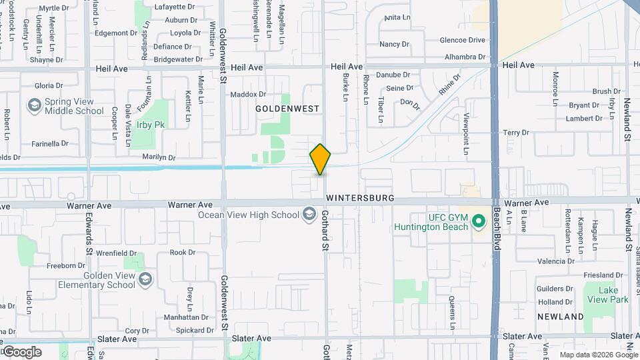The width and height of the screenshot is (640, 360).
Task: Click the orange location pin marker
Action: pyautogui.click(x=320, y=159)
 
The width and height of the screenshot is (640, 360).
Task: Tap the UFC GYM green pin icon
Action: pyautogui.click(x=478, y=221)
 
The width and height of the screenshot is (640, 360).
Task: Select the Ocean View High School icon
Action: pyautogui.click(x=309, y=214)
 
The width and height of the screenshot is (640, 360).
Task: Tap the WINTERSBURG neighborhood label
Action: pyautogui.click(x=360, y=199)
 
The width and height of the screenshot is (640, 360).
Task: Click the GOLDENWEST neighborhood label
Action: pyautogui.click(x=288, y=108)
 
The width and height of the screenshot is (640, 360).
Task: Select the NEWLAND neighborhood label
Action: pyautogui.click(x=561, y=317)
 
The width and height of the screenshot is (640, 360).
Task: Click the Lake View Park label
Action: pyautogui.click(x=613, y=295)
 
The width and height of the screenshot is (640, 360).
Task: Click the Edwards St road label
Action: pyautogui.click(x=88, y=233)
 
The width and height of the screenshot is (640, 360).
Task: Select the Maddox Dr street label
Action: pyautogui.click(x=248, y=95)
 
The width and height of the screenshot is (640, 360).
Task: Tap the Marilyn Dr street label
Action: pyautogui.click(x=159, y=158)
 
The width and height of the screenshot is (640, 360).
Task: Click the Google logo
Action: pyautogui.click(x=21, y=352)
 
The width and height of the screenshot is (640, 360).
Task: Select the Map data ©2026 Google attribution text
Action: pyautogui.click(x=598, y=355)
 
